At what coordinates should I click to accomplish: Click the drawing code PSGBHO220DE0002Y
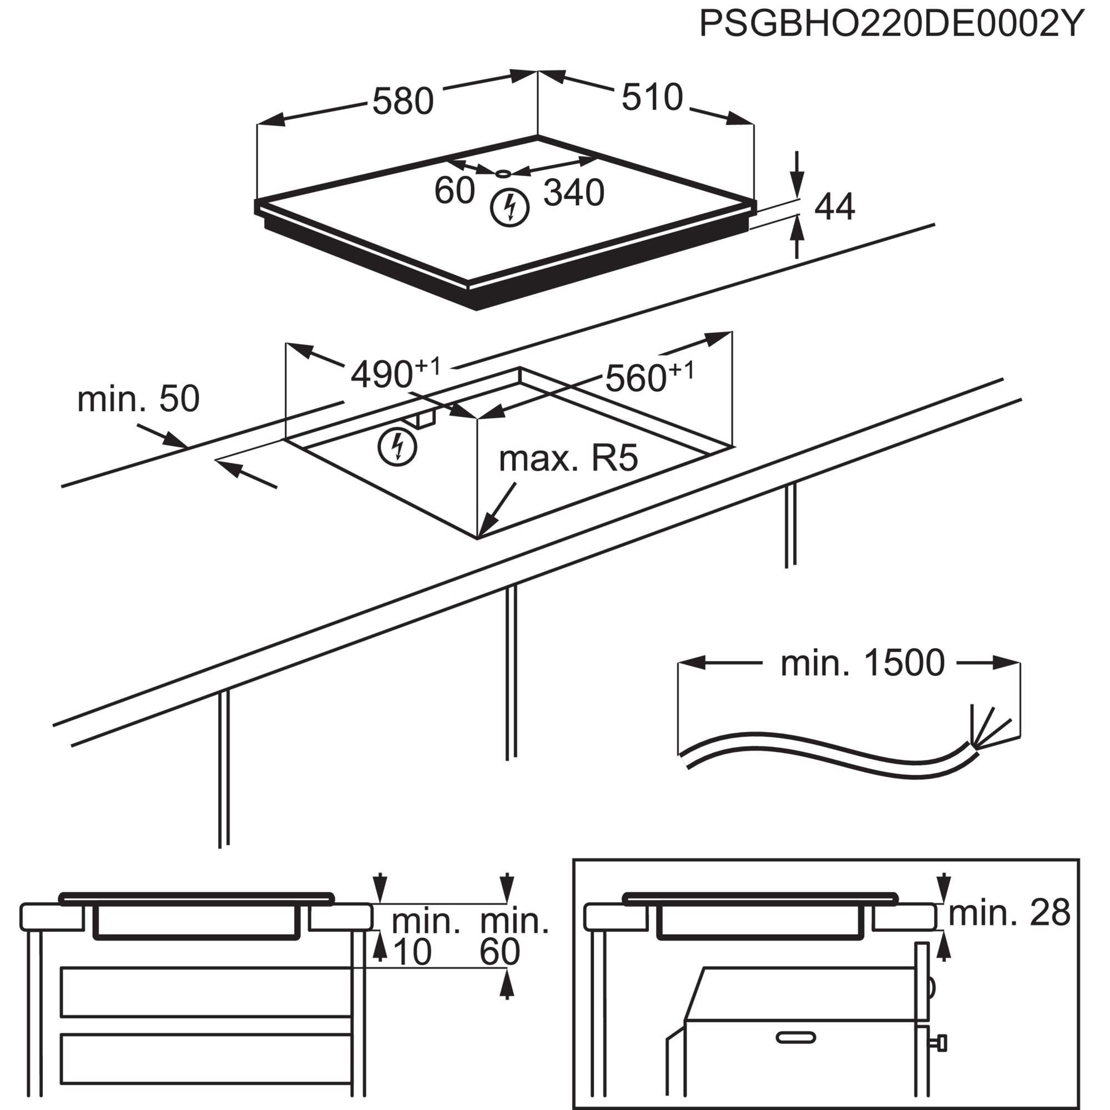(891, 24)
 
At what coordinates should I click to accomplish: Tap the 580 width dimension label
(403, 102)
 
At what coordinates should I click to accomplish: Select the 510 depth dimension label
(652, 97)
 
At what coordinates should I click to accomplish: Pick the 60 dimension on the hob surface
(455, 190)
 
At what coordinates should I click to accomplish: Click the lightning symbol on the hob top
(509, 208)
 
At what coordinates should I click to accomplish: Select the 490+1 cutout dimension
(395, 374)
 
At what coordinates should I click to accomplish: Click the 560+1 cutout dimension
(650, 377)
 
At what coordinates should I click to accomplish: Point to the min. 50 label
(138, 398)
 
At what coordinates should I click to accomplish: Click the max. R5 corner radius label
(568, 458)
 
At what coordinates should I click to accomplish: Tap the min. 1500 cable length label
(862, 663)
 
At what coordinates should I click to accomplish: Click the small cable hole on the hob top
(503, 173)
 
